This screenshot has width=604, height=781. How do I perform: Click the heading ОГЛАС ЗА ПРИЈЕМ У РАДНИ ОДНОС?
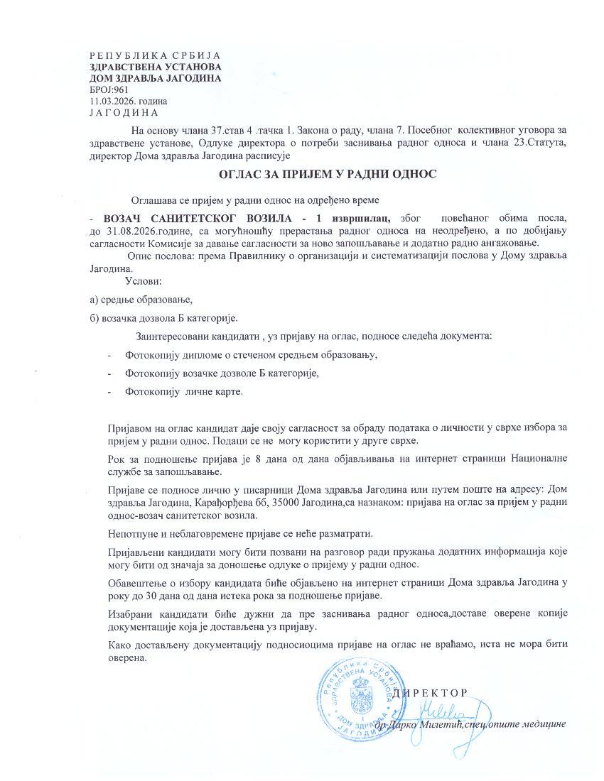[x=328, y=173]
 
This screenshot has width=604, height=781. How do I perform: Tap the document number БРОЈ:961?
[x=109, y=89]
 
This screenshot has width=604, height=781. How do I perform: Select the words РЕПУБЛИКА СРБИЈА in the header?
[x=155, y=55]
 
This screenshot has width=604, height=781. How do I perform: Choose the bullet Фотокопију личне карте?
[x=183, y=391]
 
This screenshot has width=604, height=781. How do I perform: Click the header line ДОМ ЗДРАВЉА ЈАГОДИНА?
[x=155, y=78]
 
